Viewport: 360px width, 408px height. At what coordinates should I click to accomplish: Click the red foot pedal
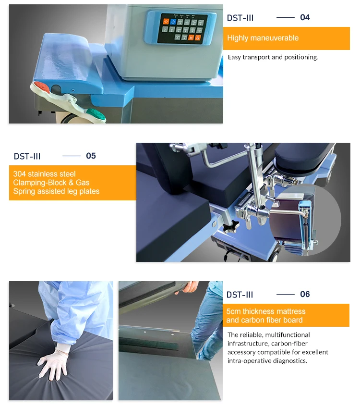click(x=42, y=87)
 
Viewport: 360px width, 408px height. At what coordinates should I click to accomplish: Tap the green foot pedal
click(x=96, y=114)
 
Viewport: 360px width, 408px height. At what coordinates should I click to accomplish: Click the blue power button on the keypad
click(x=173, y=22)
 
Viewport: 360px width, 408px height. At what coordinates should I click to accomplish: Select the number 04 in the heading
click(x=305, y=17)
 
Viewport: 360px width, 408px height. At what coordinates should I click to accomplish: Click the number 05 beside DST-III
click(x=91, y=156)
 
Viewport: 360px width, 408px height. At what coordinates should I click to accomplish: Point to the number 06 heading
click(x=305, y=294)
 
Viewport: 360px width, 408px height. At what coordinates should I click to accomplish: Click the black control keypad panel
click(x=182, y=28)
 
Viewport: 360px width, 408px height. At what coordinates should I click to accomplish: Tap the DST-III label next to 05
click(x=27, y=156)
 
